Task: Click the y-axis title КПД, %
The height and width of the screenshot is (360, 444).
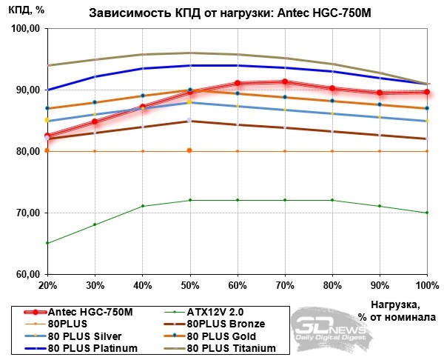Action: (x=28, y=9)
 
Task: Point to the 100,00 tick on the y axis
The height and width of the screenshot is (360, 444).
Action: (x=27, y=29)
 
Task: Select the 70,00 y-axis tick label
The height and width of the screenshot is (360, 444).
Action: (x=27, y=213)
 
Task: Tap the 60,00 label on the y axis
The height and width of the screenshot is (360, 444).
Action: (x=27, y=275)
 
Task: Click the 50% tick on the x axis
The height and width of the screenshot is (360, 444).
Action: (x=189, y=285)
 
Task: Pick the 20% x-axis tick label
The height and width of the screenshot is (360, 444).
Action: (x=47, y=285)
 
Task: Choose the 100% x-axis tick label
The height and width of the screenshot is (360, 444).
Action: (x=426, y=285)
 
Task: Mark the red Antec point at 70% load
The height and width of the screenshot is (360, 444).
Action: (x=285, y=81)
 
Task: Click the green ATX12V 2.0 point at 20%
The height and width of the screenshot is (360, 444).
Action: (x=47, y=243)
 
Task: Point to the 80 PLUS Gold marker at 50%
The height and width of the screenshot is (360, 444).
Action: (x=190, y=90)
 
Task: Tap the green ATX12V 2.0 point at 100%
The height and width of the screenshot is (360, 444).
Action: (x=427, y=213)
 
